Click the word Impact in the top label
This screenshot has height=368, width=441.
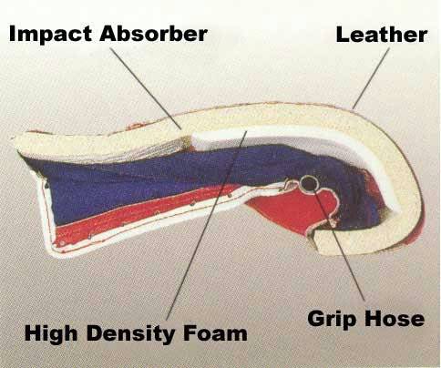click(x=50, y=35)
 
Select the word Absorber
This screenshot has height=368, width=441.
click(x=153, y=34)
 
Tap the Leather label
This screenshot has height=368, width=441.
click(x=382, y=35)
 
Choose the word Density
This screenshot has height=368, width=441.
click(x=132, y=334)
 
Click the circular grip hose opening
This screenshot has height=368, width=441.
click(x=309, y=183)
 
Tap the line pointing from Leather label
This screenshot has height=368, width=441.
click(x=371, y=77)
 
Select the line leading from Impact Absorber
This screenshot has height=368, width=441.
click(x=146, y=88)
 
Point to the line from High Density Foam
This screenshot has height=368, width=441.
click(x=207, y=225)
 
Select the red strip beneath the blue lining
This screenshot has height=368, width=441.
click(x=143, y=212)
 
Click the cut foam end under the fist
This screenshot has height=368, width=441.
click(x=321, y=243)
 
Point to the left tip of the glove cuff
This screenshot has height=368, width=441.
click(x=14, y=138)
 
